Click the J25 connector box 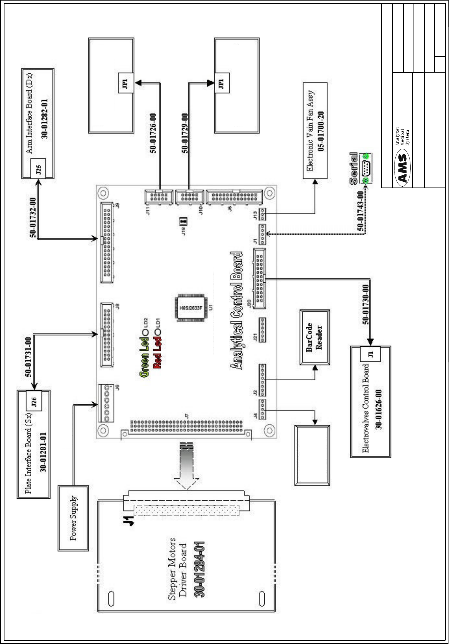[x=39, y=168]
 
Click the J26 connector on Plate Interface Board [x=34, y=401]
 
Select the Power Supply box [x=73, y=518]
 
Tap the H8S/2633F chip [x=191, y=308]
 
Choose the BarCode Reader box [x=315, y=337]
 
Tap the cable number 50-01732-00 [x=33, y=217]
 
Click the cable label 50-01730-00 [x=366, y=304]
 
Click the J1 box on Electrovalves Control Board [x=370, y=354]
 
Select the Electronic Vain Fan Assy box [x=315, y=131]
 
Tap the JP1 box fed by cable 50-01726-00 [x=125, y=83]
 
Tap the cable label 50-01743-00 [x=361, y=211]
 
